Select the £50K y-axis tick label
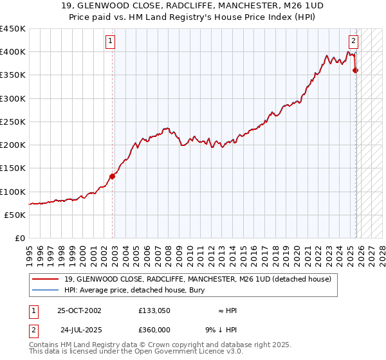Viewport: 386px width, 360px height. pos(15,215)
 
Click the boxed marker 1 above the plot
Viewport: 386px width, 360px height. pos(111,40)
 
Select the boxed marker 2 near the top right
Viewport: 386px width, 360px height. pos(354,40)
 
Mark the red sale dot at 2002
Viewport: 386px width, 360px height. pos(112,175)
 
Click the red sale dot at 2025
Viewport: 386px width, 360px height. pos(356,71)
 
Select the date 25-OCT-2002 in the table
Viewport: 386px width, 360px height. pos(79,310)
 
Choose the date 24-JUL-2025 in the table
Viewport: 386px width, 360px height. pos(79,329)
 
